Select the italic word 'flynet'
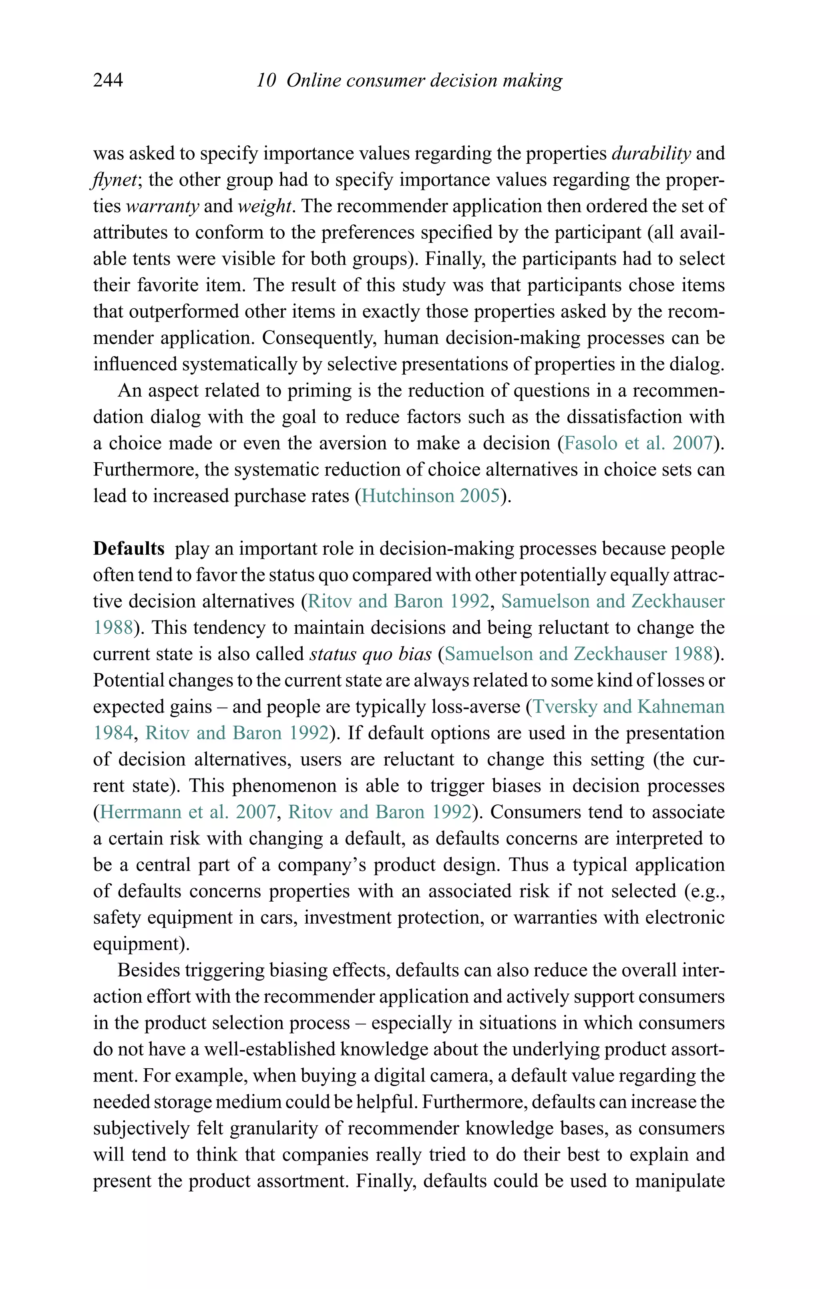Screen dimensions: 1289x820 pos(115,180)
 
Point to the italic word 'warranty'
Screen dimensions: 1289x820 pos(162,206)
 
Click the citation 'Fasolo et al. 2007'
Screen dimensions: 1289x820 pos(639,443)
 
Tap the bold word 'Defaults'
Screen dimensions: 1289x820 pos(129,549)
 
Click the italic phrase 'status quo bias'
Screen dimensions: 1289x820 pos(370,654)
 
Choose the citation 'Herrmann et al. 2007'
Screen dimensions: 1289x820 pos(187,812)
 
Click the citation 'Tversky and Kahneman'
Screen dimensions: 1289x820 pos(628,707)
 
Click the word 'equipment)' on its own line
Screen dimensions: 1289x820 pos(141,944)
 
